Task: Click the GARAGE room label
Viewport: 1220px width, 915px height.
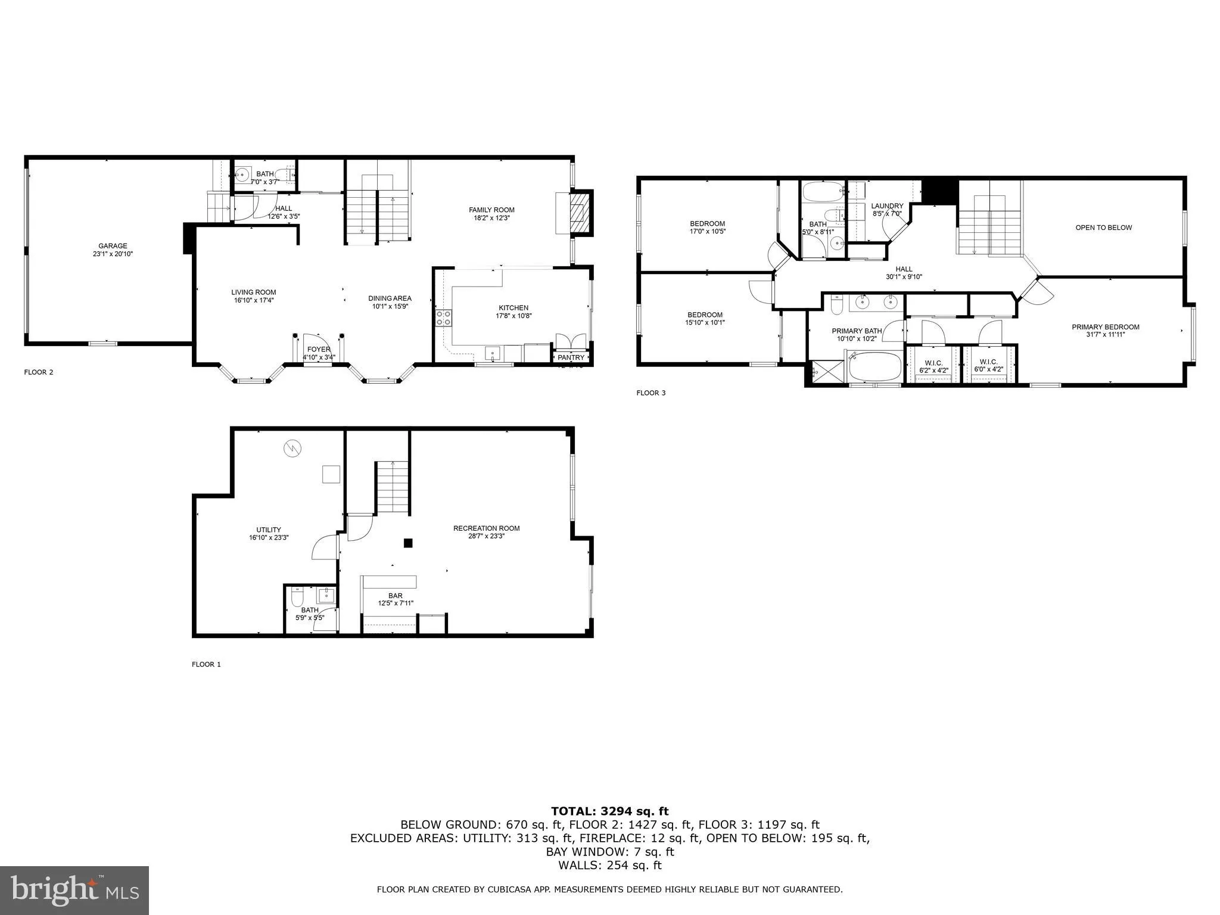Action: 113,246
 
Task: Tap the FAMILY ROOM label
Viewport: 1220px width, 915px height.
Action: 491,210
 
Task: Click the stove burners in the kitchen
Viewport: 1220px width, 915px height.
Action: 443,318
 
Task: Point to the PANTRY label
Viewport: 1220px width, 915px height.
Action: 571,357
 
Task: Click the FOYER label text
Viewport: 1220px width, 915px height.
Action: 319,350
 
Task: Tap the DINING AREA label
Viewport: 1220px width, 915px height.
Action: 390,298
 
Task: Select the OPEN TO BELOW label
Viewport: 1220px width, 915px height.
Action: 1103,228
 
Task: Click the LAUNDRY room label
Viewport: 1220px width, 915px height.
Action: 887,206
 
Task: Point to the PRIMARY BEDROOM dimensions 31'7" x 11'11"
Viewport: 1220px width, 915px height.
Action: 1105,335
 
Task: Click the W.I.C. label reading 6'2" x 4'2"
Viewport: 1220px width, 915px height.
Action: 933,370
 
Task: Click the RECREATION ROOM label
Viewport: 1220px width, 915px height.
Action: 486,528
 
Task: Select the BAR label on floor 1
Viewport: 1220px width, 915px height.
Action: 395,596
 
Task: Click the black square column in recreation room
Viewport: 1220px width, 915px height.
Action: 408,543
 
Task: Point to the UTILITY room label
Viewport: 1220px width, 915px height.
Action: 269,530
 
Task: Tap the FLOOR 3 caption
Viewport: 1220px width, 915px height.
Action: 651,393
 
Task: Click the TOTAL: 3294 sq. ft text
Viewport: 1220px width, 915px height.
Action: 609,811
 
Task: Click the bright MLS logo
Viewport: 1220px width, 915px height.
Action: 74,891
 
